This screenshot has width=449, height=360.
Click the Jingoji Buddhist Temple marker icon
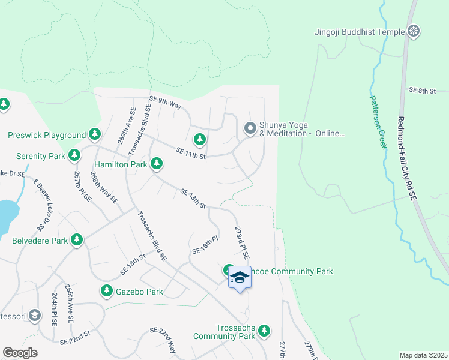(414, 31)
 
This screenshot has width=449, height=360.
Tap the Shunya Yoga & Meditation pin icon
(250, 128)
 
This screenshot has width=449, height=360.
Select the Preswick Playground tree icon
(94, 135)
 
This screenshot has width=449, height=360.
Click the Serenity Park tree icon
(74, 156)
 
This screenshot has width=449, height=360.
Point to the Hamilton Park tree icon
(157, 163)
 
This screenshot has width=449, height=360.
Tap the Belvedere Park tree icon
(76, 240)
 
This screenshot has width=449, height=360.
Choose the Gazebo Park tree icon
(106, 291)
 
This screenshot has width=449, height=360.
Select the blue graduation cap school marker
(240, 277)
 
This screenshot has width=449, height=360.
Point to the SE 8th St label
(421, 90)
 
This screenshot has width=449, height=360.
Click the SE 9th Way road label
(165, 103)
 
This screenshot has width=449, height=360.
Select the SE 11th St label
(191, 154)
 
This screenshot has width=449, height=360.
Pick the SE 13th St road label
(193, 199)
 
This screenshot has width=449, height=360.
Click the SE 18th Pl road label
(205, 245)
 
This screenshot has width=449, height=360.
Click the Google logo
(20, 353)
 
